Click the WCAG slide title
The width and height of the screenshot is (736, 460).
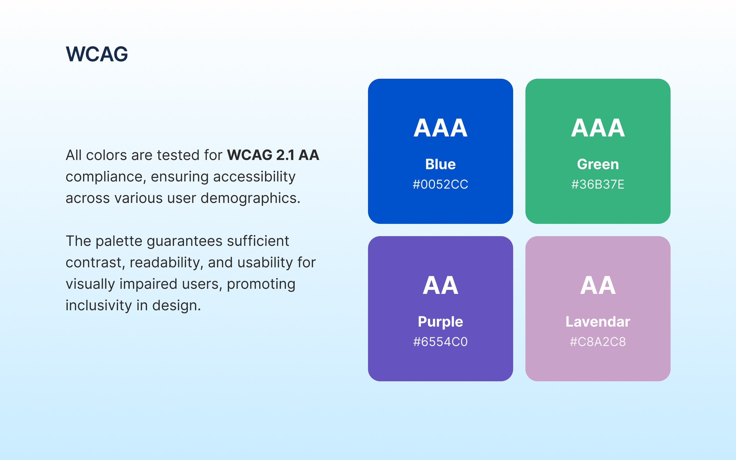pyautogui.click(x=97, y=54)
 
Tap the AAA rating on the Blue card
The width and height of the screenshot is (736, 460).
pyautogui.click(x=440, y=128)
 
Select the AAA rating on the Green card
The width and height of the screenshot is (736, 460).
pyautogui.click(x=598, y=128)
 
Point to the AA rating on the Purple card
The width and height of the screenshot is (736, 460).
pyautogui.click(x=440, y=285)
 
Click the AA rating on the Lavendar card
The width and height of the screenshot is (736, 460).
pyautogui.click(x=598, y=285)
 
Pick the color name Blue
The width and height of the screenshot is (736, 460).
pyautogui.click(x=440, y=164)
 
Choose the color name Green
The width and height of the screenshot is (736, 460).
pyautogui.click(x=598, y=164)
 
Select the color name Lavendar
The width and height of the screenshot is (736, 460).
pyautogui.click(x=598, y=321)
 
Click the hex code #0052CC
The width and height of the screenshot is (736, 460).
pyautogui.click(x=440, y=184)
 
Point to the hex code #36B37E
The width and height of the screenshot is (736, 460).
pyautogui.click(x=598, y=184)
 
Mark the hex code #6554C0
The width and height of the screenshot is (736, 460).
pyautogui.click(x=440, y=342)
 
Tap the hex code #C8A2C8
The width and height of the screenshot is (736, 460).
pyautogui.click(x=598, y=342)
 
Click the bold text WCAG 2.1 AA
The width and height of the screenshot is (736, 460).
pyautogui.click(x=273, y=155)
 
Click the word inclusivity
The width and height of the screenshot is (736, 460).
pyautogui.click(x=99, y=305)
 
